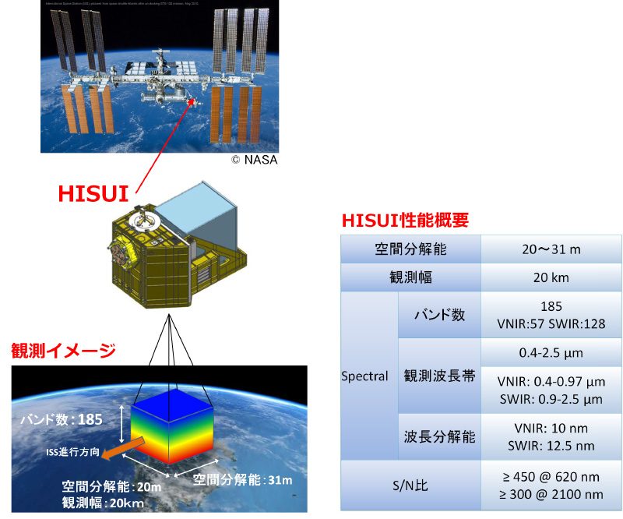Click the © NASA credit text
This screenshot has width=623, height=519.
tap(253, 160)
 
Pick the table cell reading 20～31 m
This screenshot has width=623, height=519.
tap(551, 250)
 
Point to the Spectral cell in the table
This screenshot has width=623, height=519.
tap(364, 376)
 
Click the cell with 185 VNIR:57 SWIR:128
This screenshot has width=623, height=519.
tap(551, 315)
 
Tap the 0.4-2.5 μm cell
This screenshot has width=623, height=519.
tap(551, 352)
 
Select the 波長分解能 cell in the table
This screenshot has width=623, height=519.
tap(439, 436)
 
